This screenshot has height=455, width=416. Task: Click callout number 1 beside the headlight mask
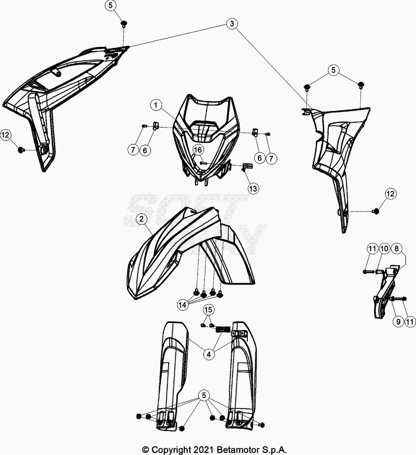155,105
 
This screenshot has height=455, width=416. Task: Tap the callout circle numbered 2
141,219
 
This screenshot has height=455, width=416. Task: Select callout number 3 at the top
231,24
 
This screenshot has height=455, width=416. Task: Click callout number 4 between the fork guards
208,354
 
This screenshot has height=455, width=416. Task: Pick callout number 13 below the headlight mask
253,188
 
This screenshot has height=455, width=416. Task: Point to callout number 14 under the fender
182,305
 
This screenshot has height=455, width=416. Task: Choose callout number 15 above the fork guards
208,310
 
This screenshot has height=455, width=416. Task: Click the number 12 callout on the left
6,136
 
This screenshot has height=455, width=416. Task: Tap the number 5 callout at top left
111,6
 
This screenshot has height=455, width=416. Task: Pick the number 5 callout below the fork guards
204,395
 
